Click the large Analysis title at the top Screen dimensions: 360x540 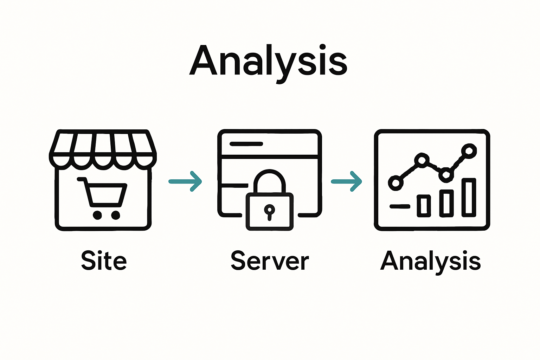point(269,60)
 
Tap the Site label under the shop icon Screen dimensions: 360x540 point(104,261)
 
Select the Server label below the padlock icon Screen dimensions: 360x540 point(270,261)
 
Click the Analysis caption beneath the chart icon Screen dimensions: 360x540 point(430,261)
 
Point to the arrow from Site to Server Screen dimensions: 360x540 point(185,181)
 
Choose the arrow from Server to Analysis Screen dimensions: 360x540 point(347,181)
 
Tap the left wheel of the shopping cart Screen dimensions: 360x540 point(97,215)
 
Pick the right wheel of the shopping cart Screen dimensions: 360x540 point(115,215)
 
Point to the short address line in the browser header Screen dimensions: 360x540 point(246,144)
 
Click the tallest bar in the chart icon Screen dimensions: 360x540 point(469,197)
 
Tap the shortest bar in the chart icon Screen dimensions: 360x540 point(424,206)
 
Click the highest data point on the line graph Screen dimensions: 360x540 point(469,151)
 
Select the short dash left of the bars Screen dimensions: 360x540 point(400,206)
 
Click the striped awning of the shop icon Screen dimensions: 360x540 point(103,148)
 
